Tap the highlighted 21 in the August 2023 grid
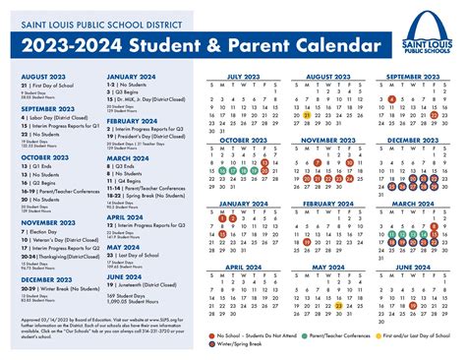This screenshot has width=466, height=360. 306,115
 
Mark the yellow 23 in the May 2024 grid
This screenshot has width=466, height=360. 337,306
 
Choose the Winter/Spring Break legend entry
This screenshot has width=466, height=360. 242,345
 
